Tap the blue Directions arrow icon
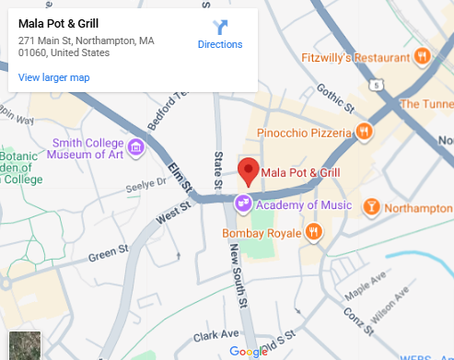pyautogui.click(x=220, y=27)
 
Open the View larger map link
pyautogui.click(x=53, y=77)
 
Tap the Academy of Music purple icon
pyautogui.click(x=243, y=204)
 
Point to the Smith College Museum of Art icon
pyautogui.click(x=136, y=146)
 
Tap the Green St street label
pyautogui.click(x=108, y=252)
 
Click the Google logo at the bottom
pyautogui.click(x=248, y=351)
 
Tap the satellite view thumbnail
pyautogui.click(x=26, y=343)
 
